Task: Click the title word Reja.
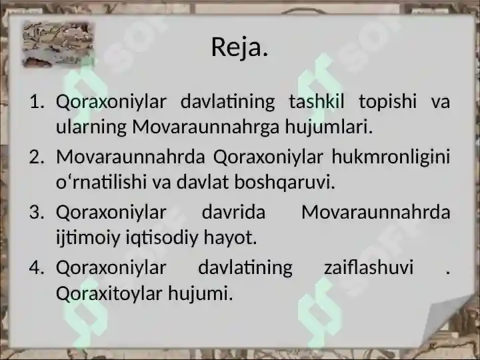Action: point(239,47)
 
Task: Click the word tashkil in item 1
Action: point(317,102)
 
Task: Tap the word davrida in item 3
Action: point(233,213)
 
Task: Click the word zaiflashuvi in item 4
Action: point(367,268)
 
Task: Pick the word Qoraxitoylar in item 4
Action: point(109,292)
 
